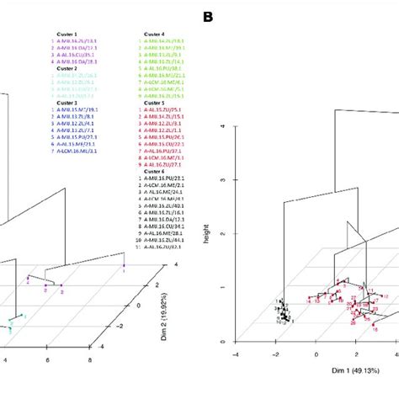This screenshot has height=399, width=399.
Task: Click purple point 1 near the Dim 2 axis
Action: (x=125, y=269)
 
